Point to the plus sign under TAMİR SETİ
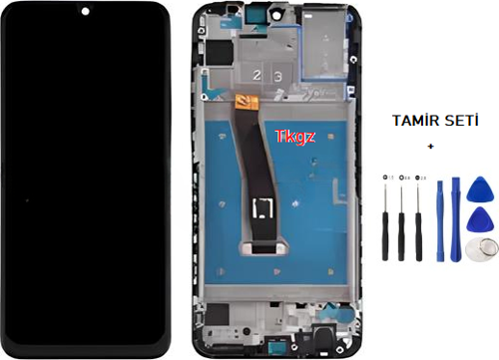click(430, 146)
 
